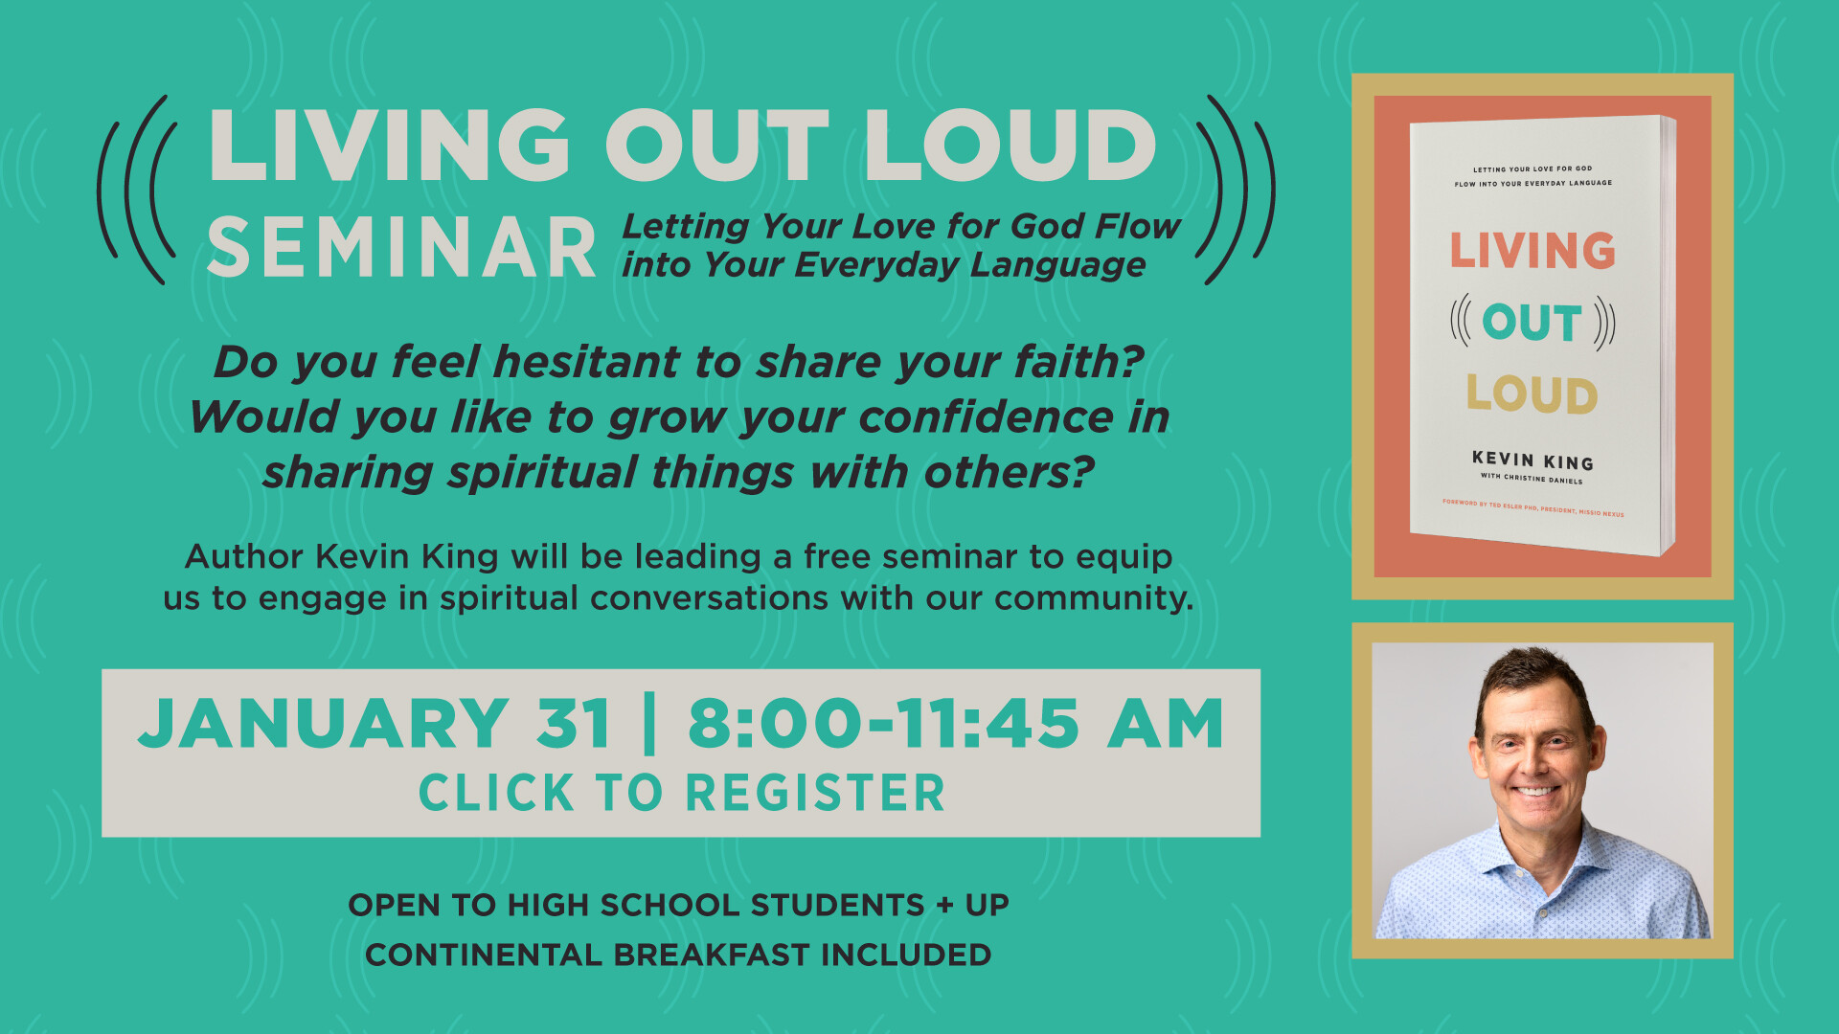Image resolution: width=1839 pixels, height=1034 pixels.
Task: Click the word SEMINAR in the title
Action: [402, 247]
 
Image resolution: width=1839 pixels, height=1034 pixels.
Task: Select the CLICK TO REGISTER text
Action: [682, 793]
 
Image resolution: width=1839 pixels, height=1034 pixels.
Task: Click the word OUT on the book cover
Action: [1532, 323]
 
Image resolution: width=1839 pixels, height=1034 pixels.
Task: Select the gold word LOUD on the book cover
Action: [1532, 393]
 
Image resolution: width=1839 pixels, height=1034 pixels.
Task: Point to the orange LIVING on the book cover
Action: [1532, 250]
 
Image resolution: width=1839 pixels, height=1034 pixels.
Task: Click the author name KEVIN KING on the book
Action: [1532, 461]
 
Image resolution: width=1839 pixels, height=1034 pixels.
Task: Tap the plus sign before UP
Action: [945, 905]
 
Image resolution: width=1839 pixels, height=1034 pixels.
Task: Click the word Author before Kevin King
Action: [244, 556]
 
